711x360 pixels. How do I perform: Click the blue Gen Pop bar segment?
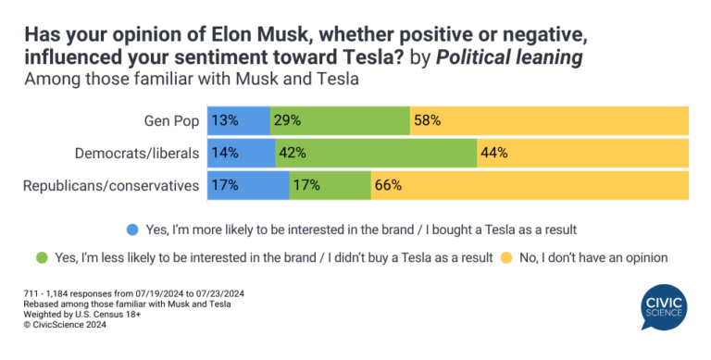click(x=238, y=120)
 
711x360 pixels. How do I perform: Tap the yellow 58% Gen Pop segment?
click(x=549, y=120)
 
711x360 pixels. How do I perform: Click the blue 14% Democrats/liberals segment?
click(x=241, y=153)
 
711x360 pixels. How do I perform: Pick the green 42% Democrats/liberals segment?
click(x=376, y=153)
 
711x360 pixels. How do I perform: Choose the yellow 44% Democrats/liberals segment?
click(x=582, y=153)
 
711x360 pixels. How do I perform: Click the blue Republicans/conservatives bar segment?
click(x=248, y=185)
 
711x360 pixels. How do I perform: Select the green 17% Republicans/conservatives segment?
click(x=330, y=185)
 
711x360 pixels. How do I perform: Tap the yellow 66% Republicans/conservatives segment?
click(x=530, y=185)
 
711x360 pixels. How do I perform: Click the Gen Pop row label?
click(x=172, y=120)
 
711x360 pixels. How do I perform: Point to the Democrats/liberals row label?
click(x=138, y=153)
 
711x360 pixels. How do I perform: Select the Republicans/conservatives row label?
click(x=111, y=185)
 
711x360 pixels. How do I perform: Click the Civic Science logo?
click(x=663, y=308)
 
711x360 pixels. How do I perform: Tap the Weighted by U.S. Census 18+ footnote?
click(x=78, y=315)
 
